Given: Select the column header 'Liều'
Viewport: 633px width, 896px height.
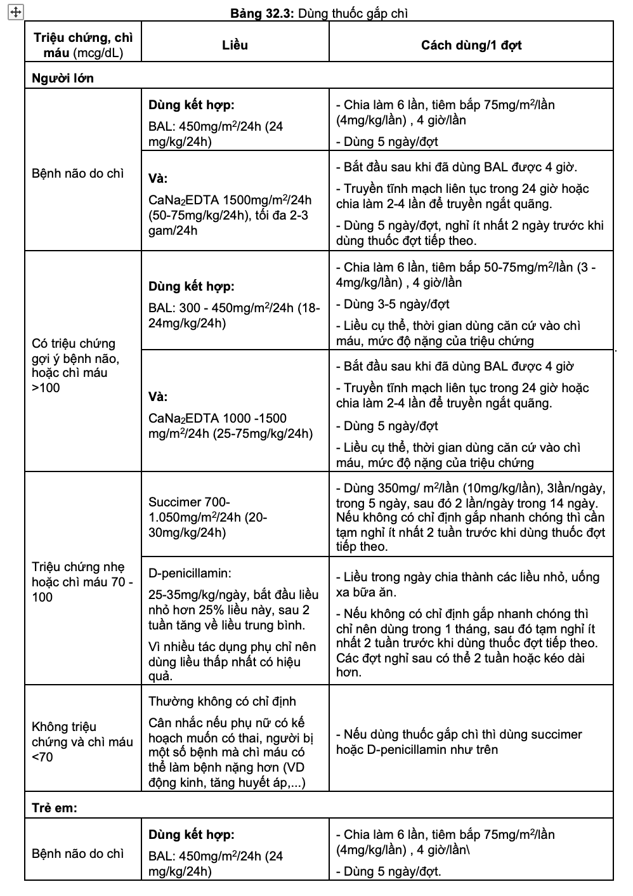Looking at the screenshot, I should point(235,45).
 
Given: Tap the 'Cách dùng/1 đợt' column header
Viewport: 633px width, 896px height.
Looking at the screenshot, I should point(471,45).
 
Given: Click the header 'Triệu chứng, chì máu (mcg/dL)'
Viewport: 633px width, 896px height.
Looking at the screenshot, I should point(79,45).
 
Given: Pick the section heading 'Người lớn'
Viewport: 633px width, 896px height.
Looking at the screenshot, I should point(63,78).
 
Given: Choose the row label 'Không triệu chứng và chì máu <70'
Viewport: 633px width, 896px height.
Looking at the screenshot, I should point(82,741).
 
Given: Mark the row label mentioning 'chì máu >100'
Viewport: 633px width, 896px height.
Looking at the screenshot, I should point(76,365).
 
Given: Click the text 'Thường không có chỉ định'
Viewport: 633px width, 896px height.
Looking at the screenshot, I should point(222,701).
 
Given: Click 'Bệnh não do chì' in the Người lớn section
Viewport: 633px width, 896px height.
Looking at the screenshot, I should point(78,173).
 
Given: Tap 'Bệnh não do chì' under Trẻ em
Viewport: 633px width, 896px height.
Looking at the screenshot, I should point(78,853).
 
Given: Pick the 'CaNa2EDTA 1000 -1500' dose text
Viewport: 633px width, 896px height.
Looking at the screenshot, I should point(218,418).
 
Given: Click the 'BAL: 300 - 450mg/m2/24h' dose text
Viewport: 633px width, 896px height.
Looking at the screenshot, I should point(234,308).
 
